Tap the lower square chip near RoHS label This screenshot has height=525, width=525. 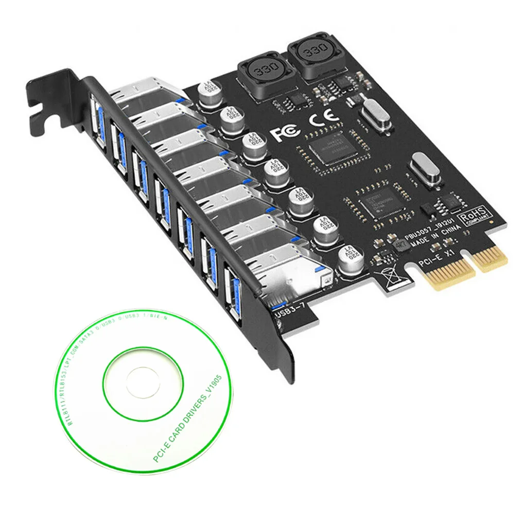381,202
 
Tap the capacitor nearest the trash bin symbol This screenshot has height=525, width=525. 352,258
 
